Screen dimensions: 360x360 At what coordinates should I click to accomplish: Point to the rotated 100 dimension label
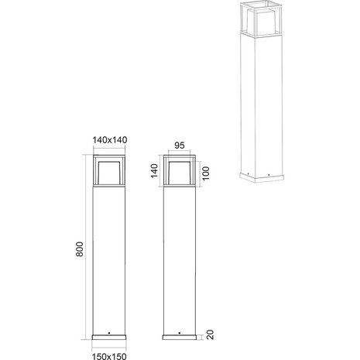[205, 172]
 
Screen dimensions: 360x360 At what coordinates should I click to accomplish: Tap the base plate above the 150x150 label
[108, 338]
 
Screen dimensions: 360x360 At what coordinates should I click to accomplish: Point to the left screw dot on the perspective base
[248, 173]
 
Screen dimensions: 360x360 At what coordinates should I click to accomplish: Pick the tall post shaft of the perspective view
[256, 101]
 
